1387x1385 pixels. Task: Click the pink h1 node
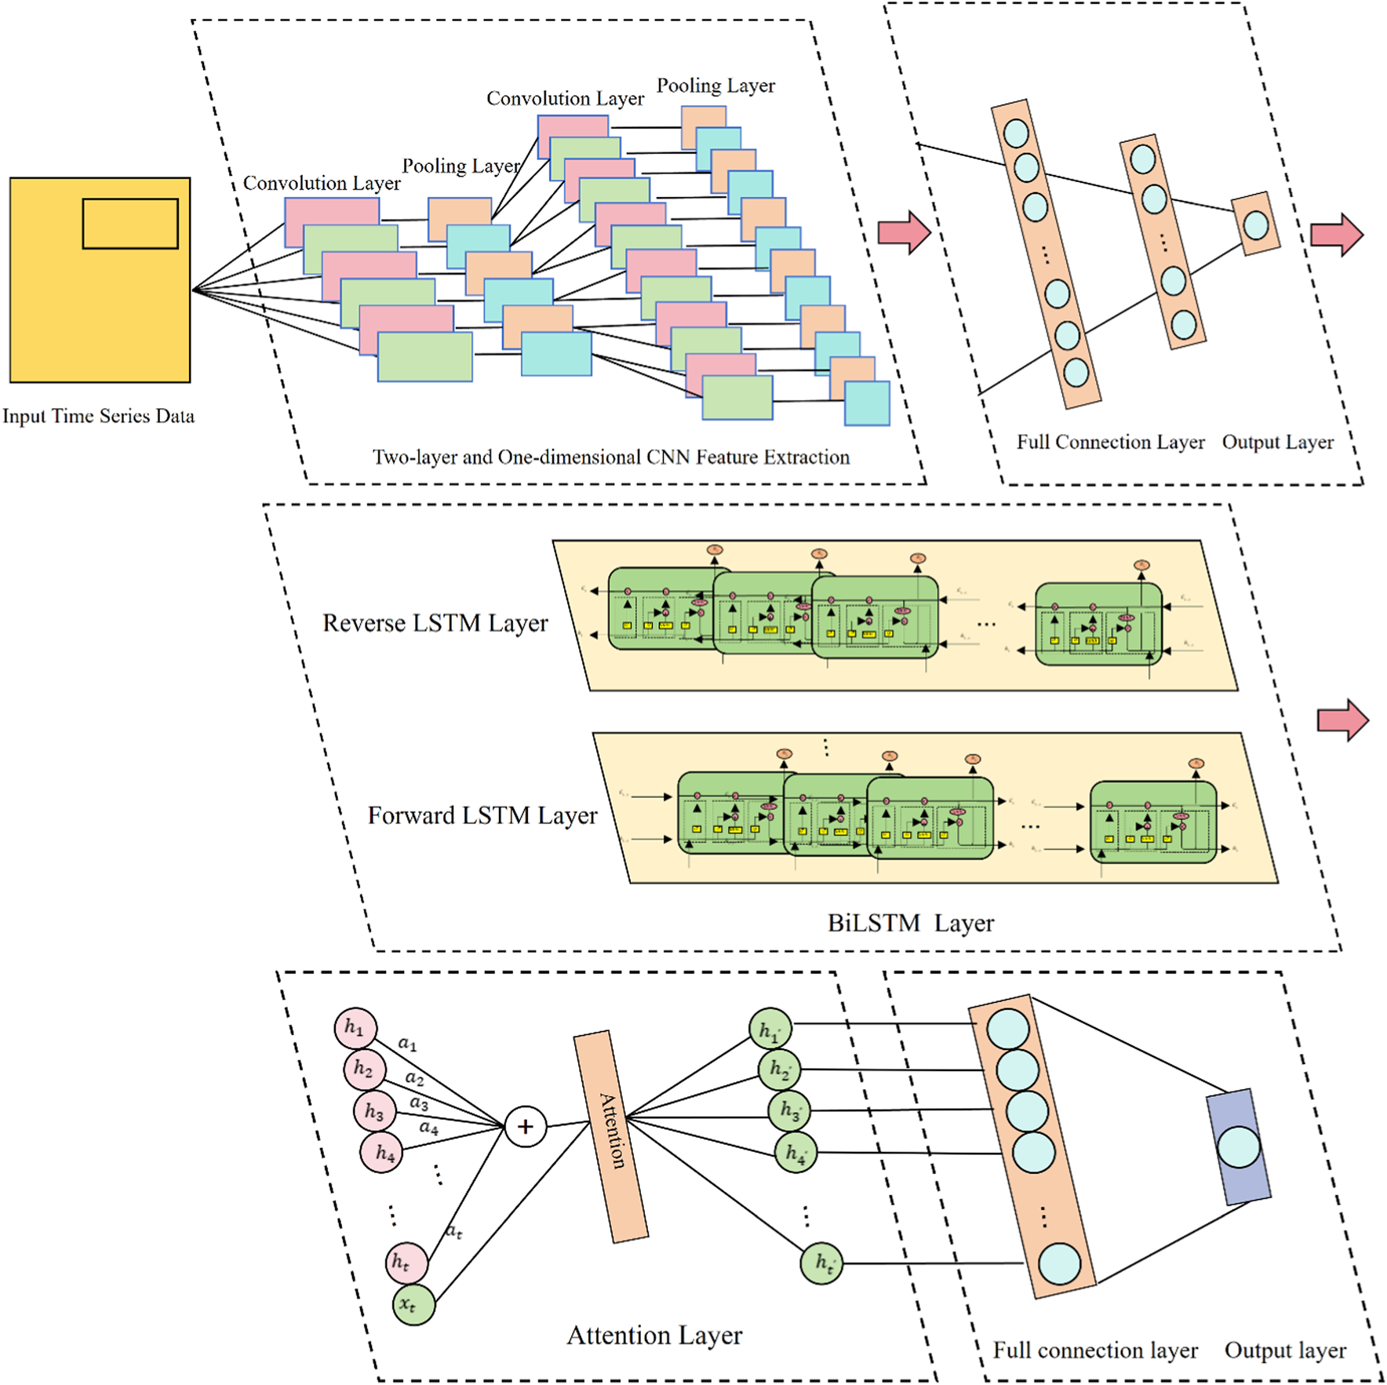[x=355, y=1028]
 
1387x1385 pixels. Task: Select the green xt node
[x=413, y=1304]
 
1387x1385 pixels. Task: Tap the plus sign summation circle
[x=525, y=1127]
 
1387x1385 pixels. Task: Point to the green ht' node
[x=821, y=1263]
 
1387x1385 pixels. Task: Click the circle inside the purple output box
[x=1239, y=1146]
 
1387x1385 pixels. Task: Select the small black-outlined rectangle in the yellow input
[x=130, y=224]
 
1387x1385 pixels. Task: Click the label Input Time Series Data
[x=98, y=416]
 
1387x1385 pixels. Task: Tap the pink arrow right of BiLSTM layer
[x=1342, y=720]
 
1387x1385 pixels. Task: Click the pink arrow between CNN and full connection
[x=904, y=232]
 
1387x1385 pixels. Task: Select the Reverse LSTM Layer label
[x=435, y=623]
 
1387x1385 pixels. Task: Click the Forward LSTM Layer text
[x=482, y=815]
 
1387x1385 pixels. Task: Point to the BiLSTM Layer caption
[x=910, y=923]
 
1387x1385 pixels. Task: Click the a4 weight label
[x=428, y=1128]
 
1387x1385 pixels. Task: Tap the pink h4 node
[x=381, y=1152]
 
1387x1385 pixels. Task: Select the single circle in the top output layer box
[x=1256, y=225]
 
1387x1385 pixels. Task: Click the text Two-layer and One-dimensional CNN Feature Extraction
[x=610, y=457]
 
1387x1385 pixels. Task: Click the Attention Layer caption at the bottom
[x=653, y=1335]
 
